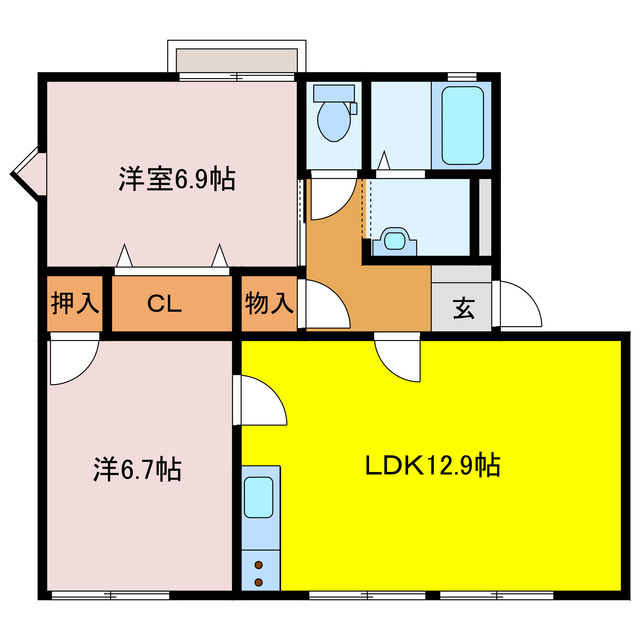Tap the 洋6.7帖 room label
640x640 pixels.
[137, 467]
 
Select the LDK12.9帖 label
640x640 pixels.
[432, 465]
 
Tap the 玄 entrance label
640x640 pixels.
[463, 308]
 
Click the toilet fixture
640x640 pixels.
[333, 113]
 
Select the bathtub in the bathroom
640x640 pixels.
[462, 127]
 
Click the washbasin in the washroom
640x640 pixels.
[397, 240]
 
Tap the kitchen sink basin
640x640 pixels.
[260, 497]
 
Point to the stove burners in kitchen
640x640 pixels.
[260, 573]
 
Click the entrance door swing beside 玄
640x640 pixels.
[518, 305]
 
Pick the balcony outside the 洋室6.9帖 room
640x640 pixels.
[237, 59]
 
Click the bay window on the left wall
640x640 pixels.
[28, 172]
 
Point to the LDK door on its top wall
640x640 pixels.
[398, 355]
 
